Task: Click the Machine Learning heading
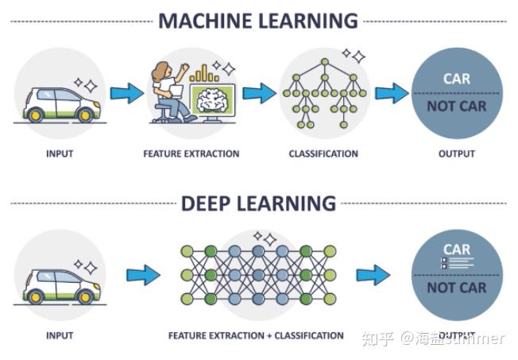[258, 20]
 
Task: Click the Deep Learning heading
[258, 203]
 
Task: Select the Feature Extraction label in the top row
[191, 153]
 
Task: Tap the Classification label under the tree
[323, 153]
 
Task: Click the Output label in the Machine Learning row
[456, 153]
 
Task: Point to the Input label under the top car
[60, 153]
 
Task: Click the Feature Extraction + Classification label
[256, 335]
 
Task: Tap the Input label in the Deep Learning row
[60, 335]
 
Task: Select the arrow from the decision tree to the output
[391, 94]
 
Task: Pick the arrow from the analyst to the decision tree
[259, 94]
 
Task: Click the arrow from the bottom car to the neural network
[143, 276]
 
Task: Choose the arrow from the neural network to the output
[373, 276]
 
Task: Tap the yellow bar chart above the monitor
[204, 74]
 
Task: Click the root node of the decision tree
[324, 62]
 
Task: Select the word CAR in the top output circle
[457, 79]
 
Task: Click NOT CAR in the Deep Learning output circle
[457, 288]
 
